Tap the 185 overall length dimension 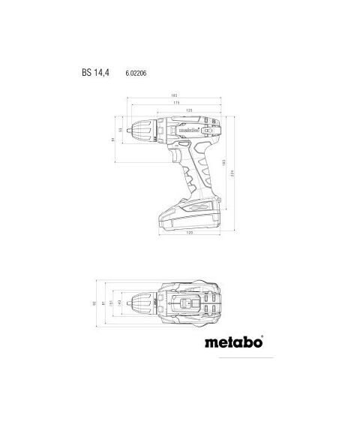[x=174, y=96]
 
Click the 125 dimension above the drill [x=190, y=110]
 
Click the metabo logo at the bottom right [x=233, y=344]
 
